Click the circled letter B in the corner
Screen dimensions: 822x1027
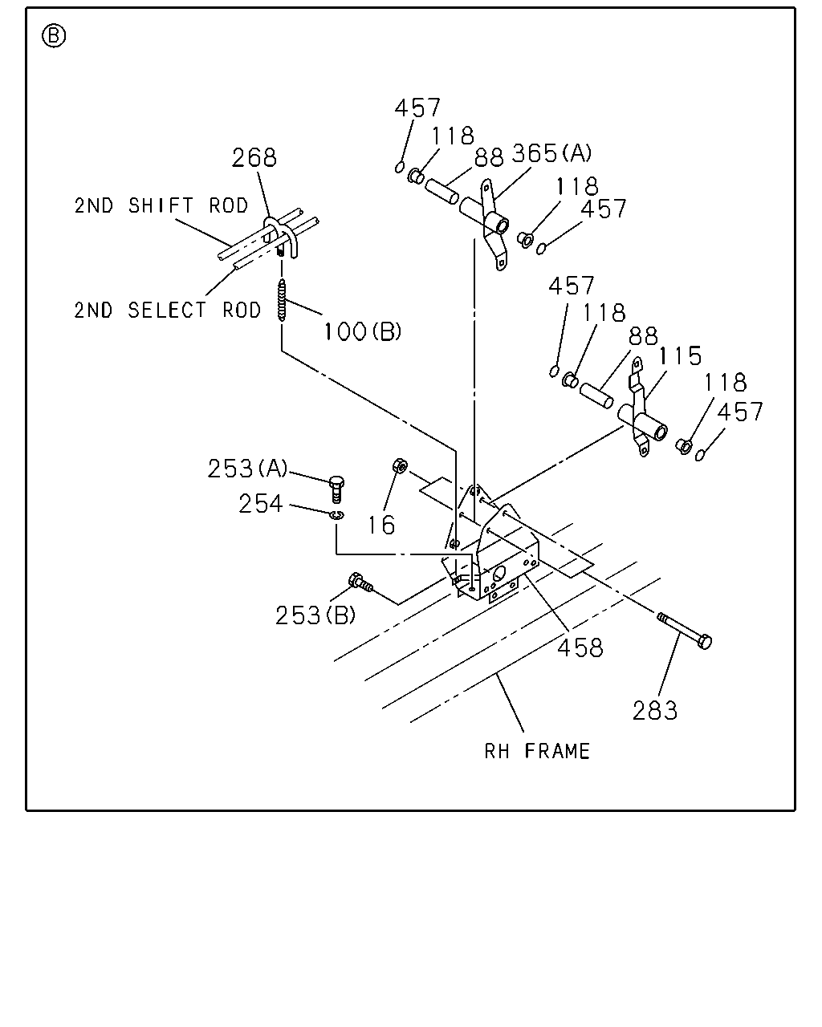pos(54,36)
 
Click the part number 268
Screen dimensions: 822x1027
pos(254,157)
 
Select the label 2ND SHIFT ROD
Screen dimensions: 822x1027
pos(161,205)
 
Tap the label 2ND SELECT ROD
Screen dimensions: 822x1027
pos(167,311)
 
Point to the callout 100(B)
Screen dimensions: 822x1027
pos(363,331)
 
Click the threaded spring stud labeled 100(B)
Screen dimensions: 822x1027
pos(283,300)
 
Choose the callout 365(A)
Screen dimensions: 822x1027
pos(551,153)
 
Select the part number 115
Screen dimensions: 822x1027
pos(680,356)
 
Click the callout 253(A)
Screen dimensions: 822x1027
pos(247,468)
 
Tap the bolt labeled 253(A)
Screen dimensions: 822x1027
pos(336,489)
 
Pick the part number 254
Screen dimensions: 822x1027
pos(260,504)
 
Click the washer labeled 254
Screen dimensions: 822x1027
pos(337,514)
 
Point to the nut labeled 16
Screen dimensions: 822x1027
pos(400,465)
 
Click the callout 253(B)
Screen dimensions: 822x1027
pos(315,615)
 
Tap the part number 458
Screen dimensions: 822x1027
pos(580,647)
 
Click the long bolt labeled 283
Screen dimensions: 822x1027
pos(684,631)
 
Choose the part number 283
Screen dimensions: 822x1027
pos(655,710)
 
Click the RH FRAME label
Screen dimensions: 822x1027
pos(537,751)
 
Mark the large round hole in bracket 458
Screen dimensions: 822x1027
pos(499,573)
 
